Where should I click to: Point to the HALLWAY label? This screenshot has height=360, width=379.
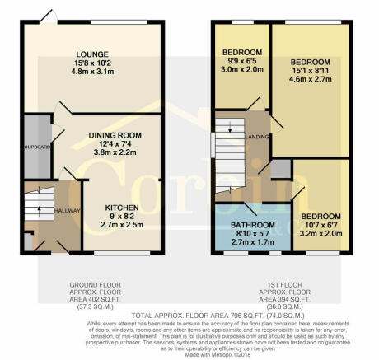(67, 212)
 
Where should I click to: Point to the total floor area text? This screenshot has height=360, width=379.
(189, 316)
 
